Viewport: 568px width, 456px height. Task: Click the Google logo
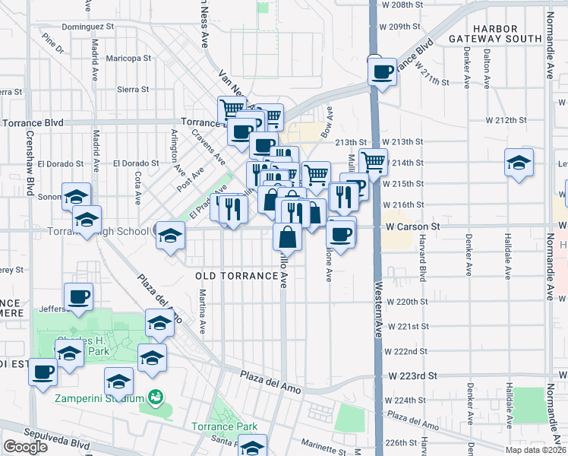tap(25, 447)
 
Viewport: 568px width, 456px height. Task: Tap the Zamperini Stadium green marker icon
tap(156, 397)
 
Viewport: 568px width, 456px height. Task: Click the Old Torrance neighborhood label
tap(235, 275)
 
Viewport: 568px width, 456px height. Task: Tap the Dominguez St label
tap(87, 26)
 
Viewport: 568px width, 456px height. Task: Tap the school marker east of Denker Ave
tap(519, 162)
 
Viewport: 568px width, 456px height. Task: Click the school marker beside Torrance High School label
tap(171, 235)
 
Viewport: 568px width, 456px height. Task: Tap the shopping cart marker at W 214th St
tap(373, 162)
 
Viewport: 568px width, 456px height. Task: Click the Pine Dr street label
tap(53, 43)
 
